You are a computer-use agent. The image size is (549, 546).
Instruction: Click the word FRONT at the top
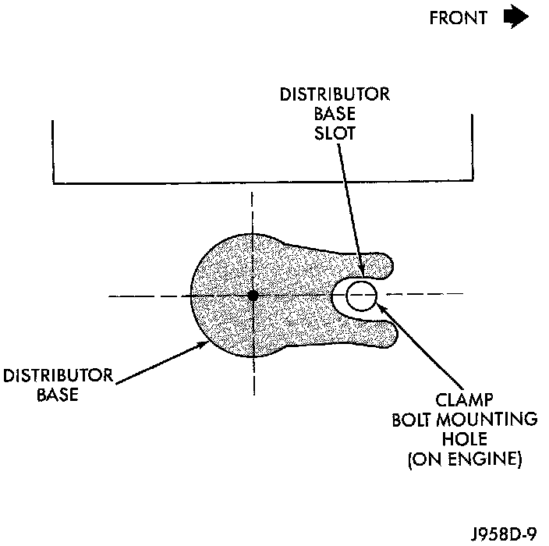(x=459, y=19)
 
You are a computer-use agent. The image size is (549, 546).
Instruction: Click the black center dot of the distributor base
(x=253, y=296)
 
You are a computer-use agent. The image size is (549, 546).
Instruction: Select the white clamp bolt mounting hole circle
(x=362, y=296)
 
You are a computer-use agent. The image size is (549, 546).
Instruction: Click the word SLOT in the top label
(x=337, y=133)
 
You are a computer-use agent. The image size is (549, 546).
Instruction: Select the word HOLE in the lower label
(x=465, y=440)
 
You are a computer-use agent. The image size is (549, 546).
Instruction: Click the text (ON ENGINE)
(x=465, y=459)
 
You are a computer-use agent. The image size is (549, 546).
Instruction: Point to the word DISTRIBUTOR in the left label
(x=58, y=377)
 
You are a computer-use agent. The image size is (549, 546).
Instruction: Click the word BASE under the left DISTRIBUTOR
(x=58, y=395)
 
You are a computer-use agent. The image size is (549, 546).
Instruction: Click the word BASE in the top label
(x=337, y=114)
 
